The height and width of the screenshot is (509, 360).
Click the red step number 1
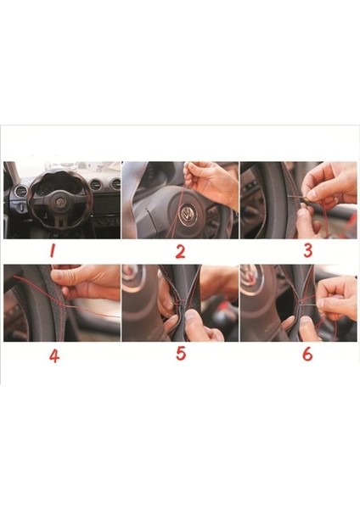pyautogui.click(x=52, y=250)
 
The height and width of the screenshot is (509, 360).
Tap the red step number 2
pyautogui.click(x=180, y=252)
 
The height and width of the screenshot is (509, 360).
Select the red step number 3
pyautogui.click(x=307, y=250)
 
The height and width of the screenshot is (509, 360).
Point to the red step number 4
pyautogui.click(x=54, y=356)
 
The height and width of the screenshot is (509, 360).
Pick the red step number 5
pyautogui.click(x=181, y=353)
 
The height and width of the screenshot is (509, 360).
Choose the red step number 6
pyautogui.click(x=307, y=354)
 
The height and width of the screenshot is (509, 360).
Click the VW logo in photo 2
pyautogui.click(x=188, y=215)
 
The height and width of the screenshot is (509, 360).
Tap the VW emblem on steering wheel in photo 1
pyautogui.click(x=60, y=202)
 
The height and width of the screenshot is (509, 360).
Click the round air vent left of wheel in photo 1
pyautogui.click(x=21, y=191)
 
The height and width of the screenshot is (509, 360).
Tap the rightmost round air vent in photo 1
pyautogui.click(x=115, y=184)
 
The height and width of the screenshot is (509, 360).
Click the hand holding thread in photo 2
pyautogui.click(x=211, y=182)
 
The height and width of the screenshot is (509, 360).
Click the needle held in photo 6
pyautogui.click(x=311, y=305)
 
